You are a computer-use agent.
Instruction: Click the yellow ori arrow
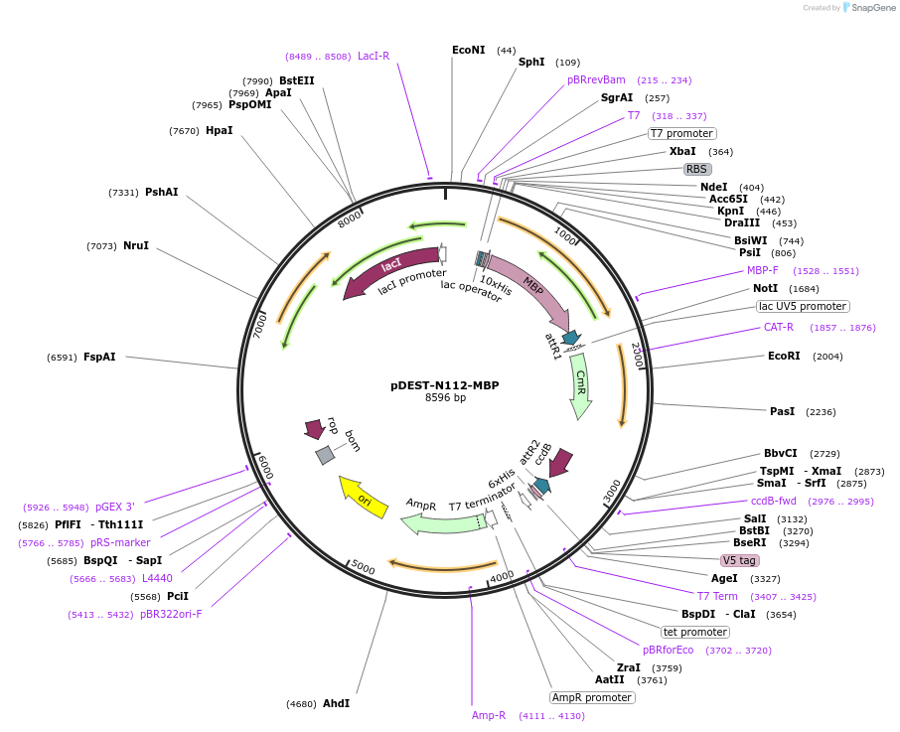364,498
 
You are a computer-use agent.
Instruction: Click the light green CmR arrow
581,386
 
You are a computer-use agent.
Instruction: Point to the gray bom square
325,455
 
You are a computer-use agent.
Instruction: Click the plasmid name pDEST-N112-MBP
445,385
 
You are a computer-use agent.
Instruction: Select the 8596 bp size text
445,397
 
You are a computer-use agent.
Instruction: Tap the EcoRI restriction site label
784,356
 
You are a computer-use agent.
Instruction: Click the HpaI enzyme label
220,130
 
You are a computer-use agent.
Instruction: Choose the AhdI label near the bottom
337,703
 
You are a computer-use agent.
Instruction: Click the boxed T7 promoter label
681,134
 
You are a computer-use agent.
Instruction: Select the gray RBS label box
696,169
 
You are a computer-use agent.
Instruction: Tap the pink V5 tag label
739,560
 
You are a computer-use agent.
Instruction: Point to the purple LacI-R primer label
374,56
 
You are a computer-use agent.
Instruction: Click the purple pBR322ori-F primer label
171,615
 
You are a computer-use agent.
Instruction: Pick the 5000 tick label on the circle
363,567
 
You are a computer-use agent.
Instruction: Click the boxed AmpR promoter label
592,697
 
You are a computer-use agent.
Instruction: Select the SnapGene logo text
873,8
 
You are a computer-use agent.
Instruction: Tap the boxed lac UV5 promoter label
803,306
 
